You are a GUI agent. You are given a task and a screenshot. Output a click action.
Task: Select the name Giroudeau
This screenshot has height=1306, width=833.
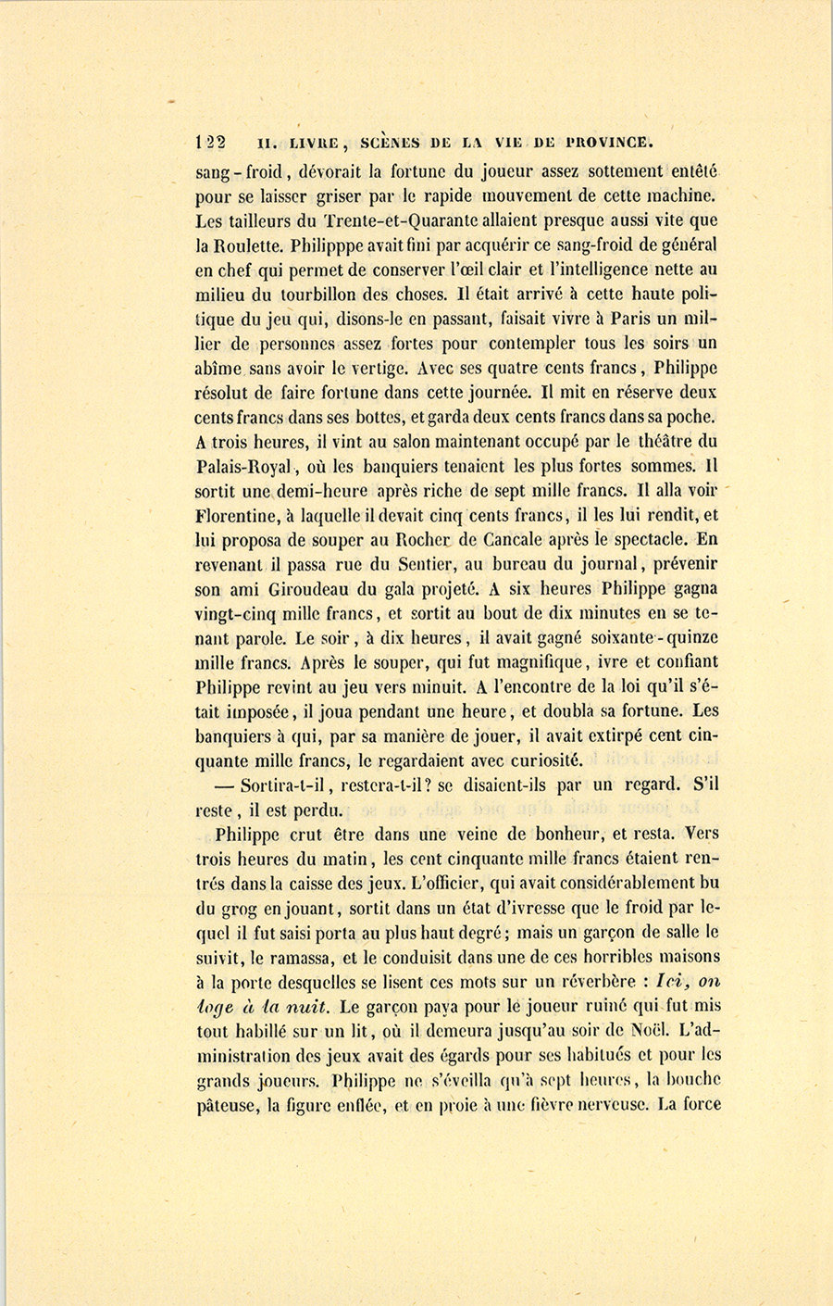[x=300, y=588]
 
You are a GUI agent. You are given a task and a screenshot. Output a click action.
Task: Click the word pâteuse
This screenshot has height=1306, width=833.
[x=227, y=1104]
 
